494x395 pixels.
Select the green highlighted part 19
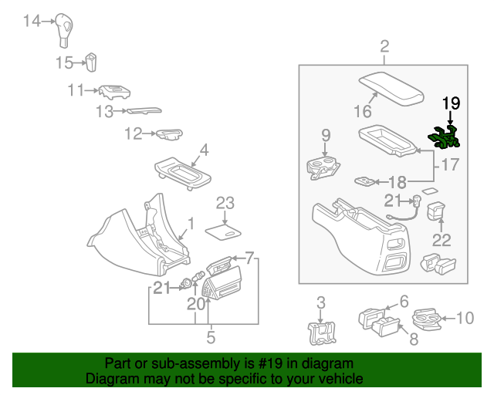pyautogui.click(x=445, y=138)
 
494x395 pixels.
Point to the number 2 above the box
pyautogui.click(x=384, y=48)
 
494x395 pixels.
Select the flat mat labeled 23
pyautogui.click(x=223, y=230)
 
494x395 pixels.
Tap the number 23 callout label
pyautogui.click(x=225, y=204)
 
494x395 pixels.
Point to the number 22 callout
pyautogui.click(x=442, y=240)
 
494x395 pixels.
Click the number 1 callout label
pyautogui.click(x=186, y=225)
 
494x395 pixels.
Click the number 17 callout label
pyautogui.click(x=449, y=164)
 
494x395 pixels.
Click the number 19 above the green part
pyautogui.click(x=451, y=103)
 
